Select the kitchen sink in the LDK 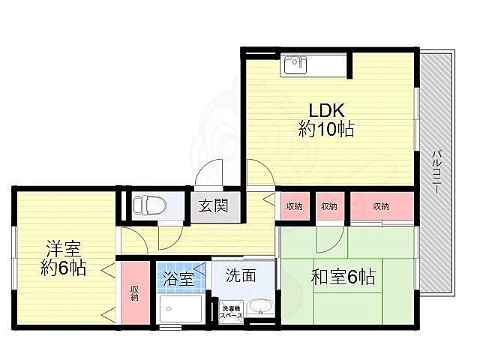pos(295,66)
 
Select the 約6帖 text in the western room pos(63,268)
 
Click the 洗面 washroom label pos(241,276)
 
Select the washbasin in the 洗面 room pos(260,307)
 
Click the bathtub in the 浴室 pos(179,309)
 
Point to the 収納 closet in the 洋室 pos(134,292)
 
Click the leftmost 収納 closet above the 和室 pos(294,207)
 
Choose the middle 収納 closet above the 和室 pos(328,207)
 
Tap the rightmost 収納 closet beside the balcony pos(381,207)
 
